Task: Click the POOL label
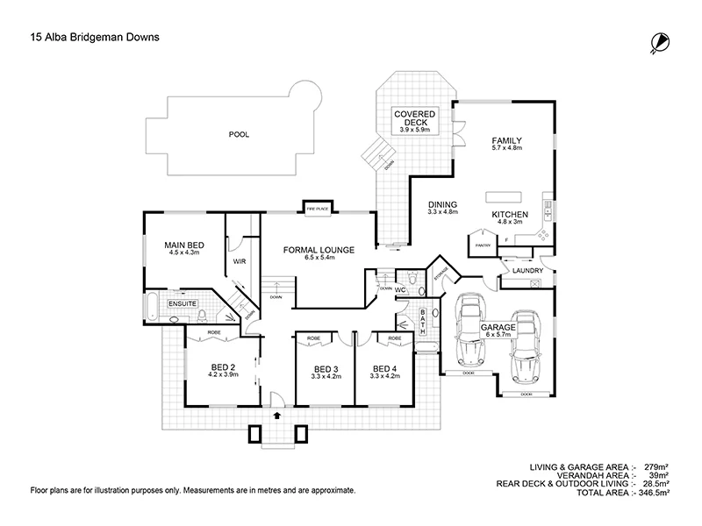(238, 135)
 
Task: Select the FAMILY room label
(507, 140)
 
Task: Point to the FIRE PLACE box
(317, 208)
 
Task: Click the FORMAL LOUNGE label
(319, 250)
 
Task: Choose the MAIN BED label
(183, 245)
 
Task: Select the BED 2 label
(222, 367)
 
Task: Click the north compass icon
(659, 41)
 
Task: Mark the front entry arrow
(278, 416)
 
